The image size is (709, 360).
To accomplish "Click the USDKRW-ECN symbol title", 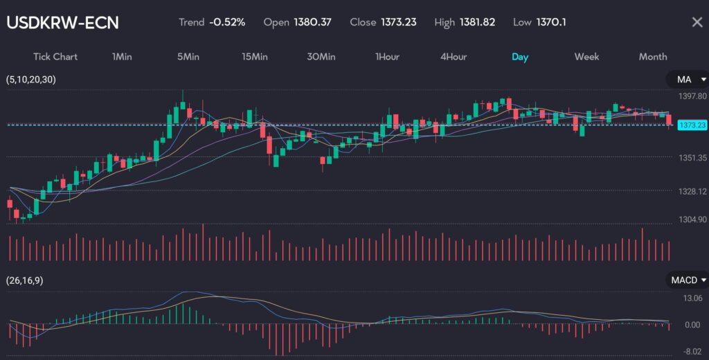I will (62, 22).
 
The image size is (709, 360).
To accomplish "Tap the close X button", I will (697, 22).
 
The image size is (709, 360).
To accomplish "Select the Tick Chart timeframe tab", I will (55, 57).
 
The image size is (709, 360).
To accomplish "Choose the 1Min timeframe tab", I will (122, 57).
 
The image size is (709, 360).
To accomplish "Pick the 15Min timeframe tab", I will (255, 57).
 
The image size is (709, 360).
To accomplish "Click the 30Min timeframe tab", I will (321, 57).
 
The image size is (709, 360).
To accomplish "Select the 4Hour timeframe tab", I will (454, 57).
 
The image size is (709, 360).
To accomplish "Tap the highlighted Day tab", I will (520, 57).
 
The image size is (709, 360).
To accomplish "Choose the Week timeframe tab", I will (586, 57).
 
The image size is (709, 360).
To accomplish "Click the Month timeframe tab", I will (653, 57).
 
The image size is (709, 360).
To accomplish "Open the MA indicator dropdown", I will (686, 80).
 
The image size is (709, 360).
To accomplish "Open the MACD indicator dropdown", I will (686, 280).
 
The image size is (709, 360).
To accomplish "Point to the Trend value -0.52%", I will (227, 22).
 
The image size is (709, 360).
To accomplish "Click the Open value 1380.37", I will (313, 22).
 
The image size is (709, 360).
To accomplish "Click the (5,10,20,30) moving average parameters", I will (31, 80).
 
